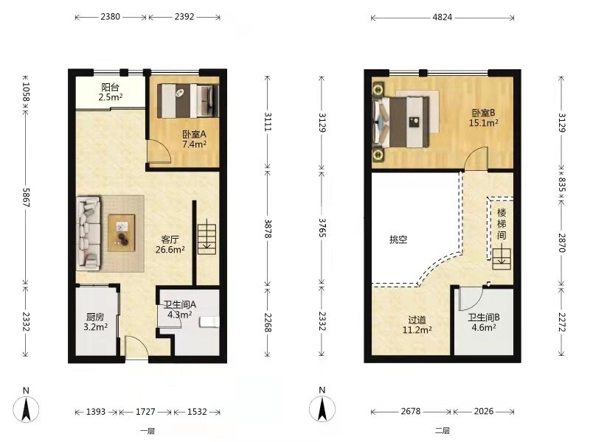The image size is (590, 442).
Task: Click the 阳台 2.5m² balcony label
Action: (x=111, y=93)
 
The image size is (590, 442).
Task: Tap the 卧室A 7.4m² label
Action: (x=194, y=139)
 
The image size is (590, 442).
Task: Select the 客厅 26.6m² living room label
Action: (x=170, y=245)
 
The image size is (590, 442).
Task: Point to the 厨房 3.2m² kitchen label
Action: (x=96, y=322)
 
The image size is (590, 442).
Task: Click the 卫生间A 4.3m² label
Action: (x=179, y=309)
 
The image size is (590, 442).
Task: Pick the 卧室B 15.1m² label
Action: (x=484, y=118)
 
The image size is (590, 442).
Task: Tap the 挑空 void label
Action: (x=398, y=239)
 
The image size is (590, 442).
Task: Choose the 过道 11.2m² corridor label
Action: (x=417, y=325)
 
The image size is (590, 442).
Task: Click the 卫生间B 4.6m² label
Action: (x=484, y=322)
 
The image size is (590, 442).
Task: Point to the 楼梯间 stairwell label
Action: (x=502, y=224)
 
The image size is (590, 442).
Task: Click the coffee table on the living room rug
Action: (x=122, y=233)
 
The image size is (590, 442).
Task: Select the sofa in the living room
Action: (x=88, y=233)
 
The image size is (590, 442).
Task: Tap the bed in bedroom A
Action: (x=188, y=101)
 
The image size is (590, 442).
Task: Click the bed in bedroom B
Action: (x=401, y=122)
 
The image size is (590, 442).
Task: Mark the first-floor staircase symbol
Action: (x=207, y=239)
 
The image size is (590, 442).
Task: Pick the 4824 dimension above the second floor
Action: (x=442, y=17)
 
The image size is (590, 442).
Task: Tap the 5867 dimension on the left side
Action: (x=26, y=197)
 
